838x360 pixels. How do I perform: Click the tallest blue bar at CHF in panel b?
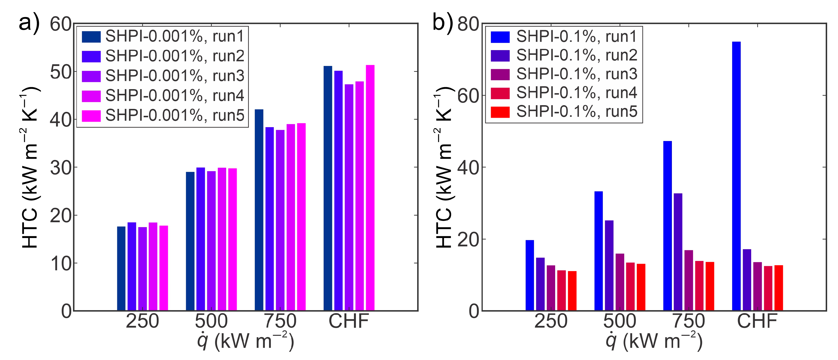point(736,176)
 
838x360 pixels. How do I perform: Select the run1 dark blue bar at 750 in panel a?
point(259,210)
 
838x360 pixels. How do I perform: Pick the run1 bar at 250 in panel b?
point(530,275)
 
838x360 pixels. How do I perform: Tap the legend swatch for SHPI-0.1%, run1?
point(500,37)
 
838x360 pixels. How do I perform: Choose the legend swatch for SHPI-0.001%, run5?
point(91,116)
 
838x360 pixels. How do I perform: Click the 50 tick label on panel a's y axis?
point(60,72)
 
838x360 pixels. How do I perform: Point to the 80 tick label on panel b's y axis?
point(468,24)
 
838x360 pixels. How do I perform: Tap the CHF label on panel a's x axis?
point(349,321)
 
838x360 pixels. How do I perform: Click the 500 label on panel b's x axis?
point(620,321)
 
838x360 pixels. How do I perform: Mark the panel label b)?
point(442,23)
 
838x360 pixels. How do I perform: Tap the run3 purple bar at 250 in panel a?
point(142,269)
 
